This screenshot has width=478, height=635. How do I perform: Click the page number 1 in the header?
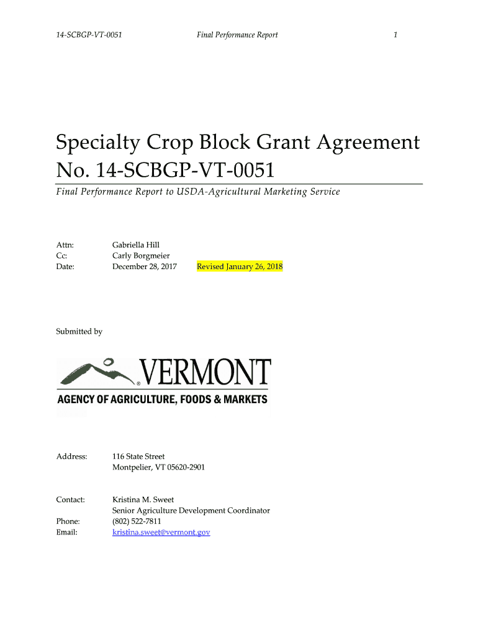[x=395, y=35]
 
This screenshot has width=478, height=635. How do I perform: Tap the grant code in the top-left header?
[x=89, y=35]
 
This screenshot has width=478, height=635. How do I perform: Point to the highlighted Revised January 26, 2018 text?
[x=240, y=267]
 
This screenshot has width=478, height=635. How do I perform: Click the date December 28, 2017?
[x=145, y=267]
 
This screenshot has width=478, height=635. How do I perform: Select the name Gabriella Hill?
[x=136, y=245]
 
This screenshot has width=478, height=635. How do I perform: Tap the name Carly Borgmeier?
[x=141, y=255]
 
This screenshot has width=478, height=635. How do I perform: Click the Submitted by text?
[x=79, y=332]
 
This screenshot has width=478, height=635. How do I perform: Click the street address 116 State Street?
[x=138, y=456]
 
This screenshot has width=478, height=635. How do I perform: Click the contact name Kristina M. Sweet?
[x=143, y=499]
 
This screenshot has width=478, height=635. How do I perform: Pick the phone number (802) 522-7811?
[x=137, y=522]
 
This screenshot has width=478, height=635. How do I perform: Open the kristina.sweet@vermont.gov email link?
[x=161, y=532]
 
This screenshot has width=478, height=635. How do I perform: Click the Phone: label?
[x=68, y=522]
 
